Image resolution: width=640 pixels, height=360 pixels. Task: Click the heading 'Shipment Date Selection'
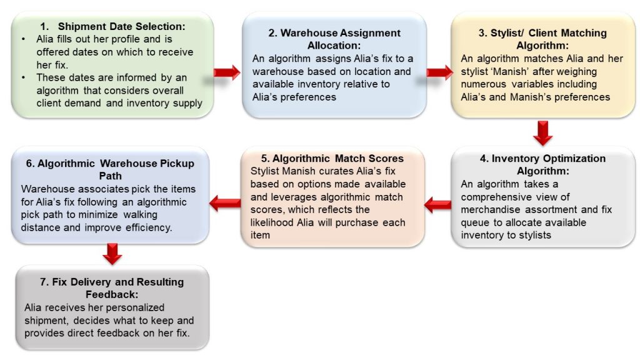(x=121, y=26)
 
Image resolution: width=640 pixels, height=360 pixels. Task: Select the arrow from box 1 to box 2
(x=227, y=72)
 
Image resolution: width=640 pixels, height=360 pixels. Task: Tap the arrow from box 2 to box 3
(x=439, y=72)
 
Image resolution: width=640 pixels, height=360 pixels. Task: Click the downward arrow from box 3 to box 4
(x=543, y=133)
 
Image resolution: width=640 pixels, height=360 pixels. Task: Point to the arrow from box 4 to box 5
(x=438, y=204)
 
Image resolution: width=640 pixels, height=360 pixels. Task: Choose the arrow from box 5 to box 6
(x=225, y=203)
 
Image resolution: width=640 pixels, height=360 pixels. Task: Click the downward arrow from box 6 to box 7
(x=112, y=254)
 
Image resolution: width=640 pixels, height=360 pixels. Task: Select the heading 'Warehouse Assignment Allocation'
(x=334, y=39)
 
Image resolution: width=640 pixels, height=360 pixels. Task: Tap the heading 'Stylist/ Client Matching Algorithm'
(x=542, y=39)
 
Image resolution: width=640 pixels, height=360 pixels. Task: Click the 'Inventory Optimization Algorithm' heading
(x=543, y=164)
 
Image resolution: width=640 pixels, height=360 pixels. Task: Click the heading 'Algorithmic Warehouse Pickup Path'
(x=110, y=169)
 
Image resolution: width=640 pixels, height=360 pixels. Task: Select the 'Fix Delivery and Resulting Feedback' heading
(x=112, y=288)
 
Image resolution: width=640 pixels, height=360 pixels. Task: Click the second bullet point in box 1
(x=24, y=77)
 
